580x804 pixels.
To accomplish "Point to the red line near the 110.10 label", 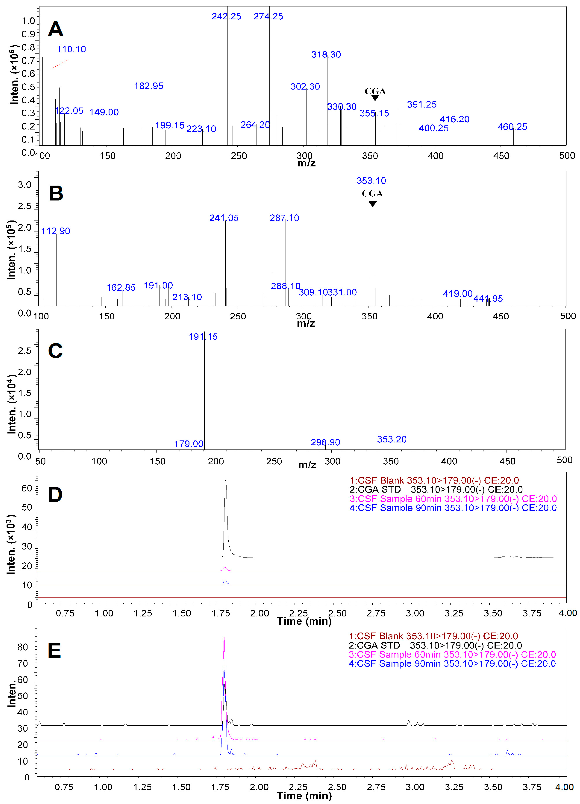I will tap(60, 64).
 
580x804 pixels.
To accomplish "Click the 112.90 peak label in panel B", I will tap(56, 231).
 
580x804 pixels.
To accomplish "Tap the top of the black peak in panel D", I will tap(226, 481).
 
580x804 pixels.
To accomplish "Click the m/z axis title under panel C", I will tap(307, 465).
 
